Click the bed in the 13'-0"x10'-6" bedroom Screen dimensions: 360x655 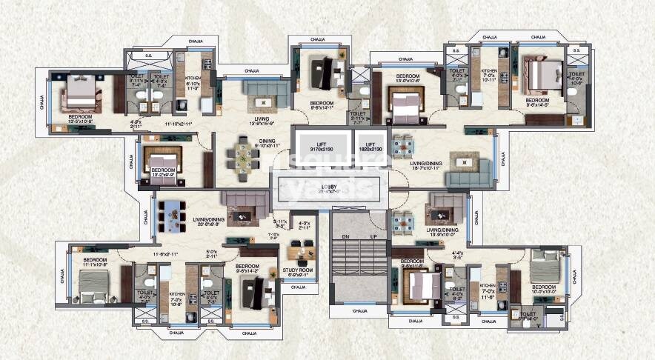405,106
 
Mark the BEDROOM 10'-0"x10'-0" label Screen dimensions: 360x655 544,290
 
